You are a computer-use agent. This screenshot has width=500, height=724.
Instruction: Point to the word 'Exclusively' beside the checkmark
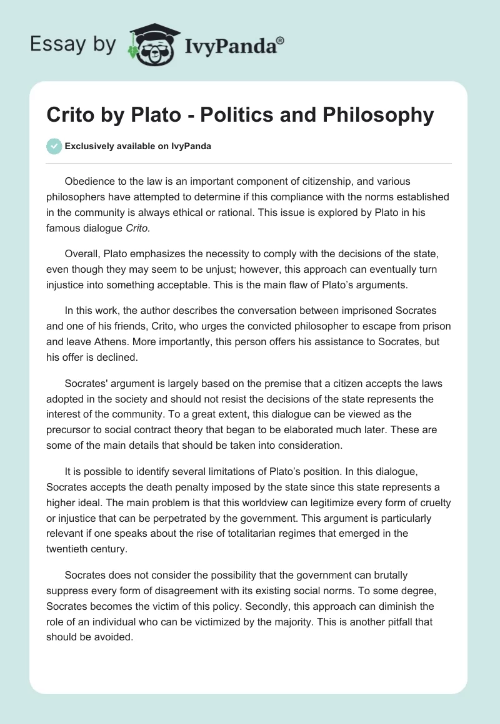(x=87, y=146)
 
